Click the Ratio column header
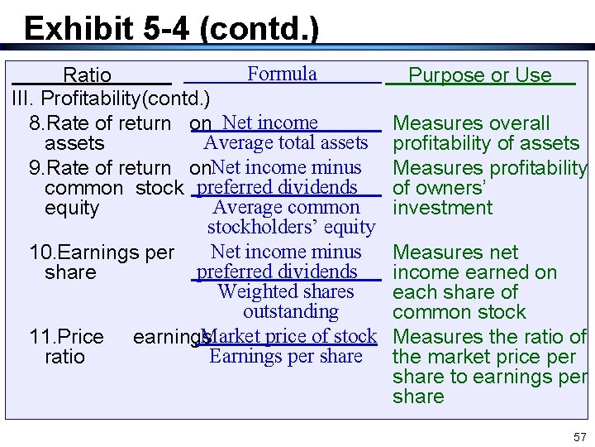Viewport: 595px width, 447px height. (88, 75)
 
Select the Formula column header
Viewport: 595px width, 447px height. (282, 74)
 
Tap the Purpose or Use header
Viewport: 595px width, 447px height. (479, 75)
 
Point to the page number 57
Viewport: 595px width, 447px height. (578, 436)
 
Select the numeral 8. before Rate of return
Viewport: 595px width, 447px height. (36, 123)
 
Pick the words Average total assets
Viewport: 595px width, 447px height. (285, 142)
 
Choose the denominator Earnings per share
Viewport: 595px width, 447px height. (286, 356)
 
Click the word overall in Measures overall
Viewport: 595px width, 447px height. (517, 123)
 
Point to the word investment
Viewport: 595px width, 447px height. (442, 208)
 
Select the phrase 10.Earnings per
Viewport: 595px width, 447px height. (102, 252)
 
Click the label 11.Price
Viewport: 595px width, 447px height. (66, 337)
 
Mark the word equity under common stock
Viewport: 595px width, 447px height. (72, 208)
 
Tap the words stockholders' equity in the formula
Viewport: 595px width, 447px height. (291, 227)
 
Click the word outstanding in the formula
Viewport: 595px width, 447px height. (291, 311)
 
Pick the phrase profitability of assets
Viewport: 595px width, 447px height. (486, 143)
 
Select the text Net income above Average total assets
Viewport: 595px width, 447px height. (270, 123)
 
